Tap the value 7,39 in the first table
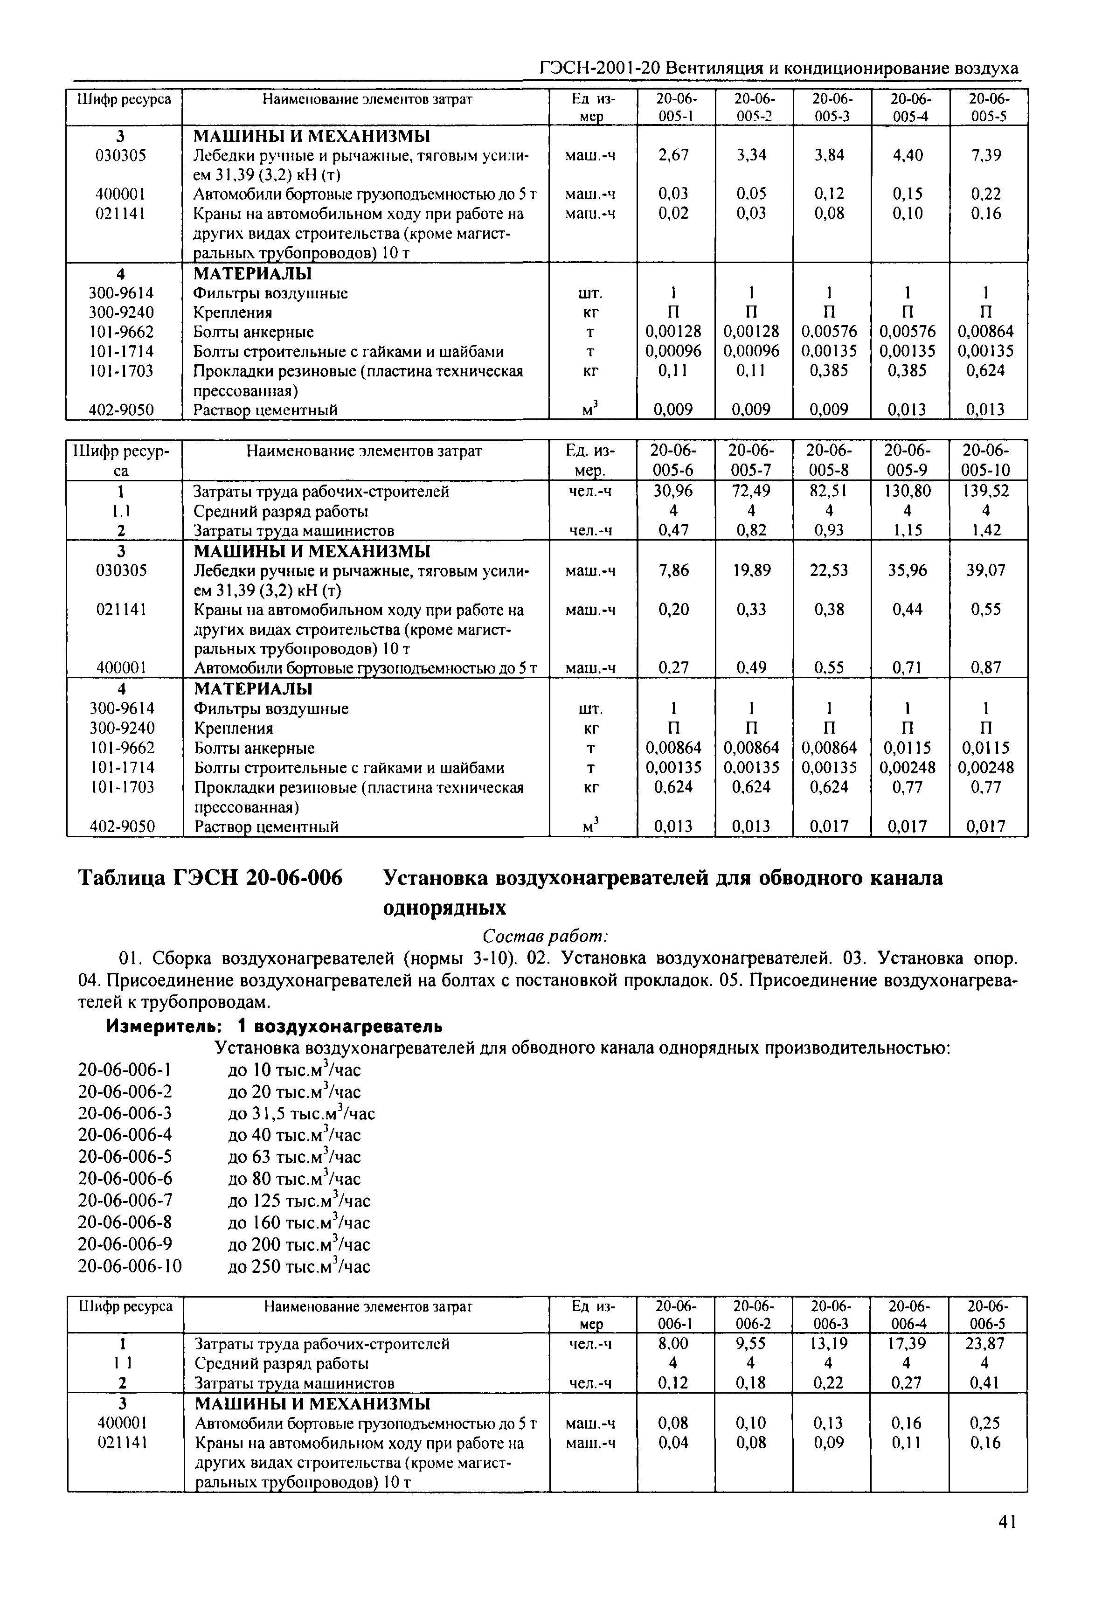point(985,155)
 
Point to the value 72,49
point(751,492)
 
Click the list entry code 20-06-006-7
point(125,1201)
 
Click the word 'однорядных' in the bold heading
point(444,907)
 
